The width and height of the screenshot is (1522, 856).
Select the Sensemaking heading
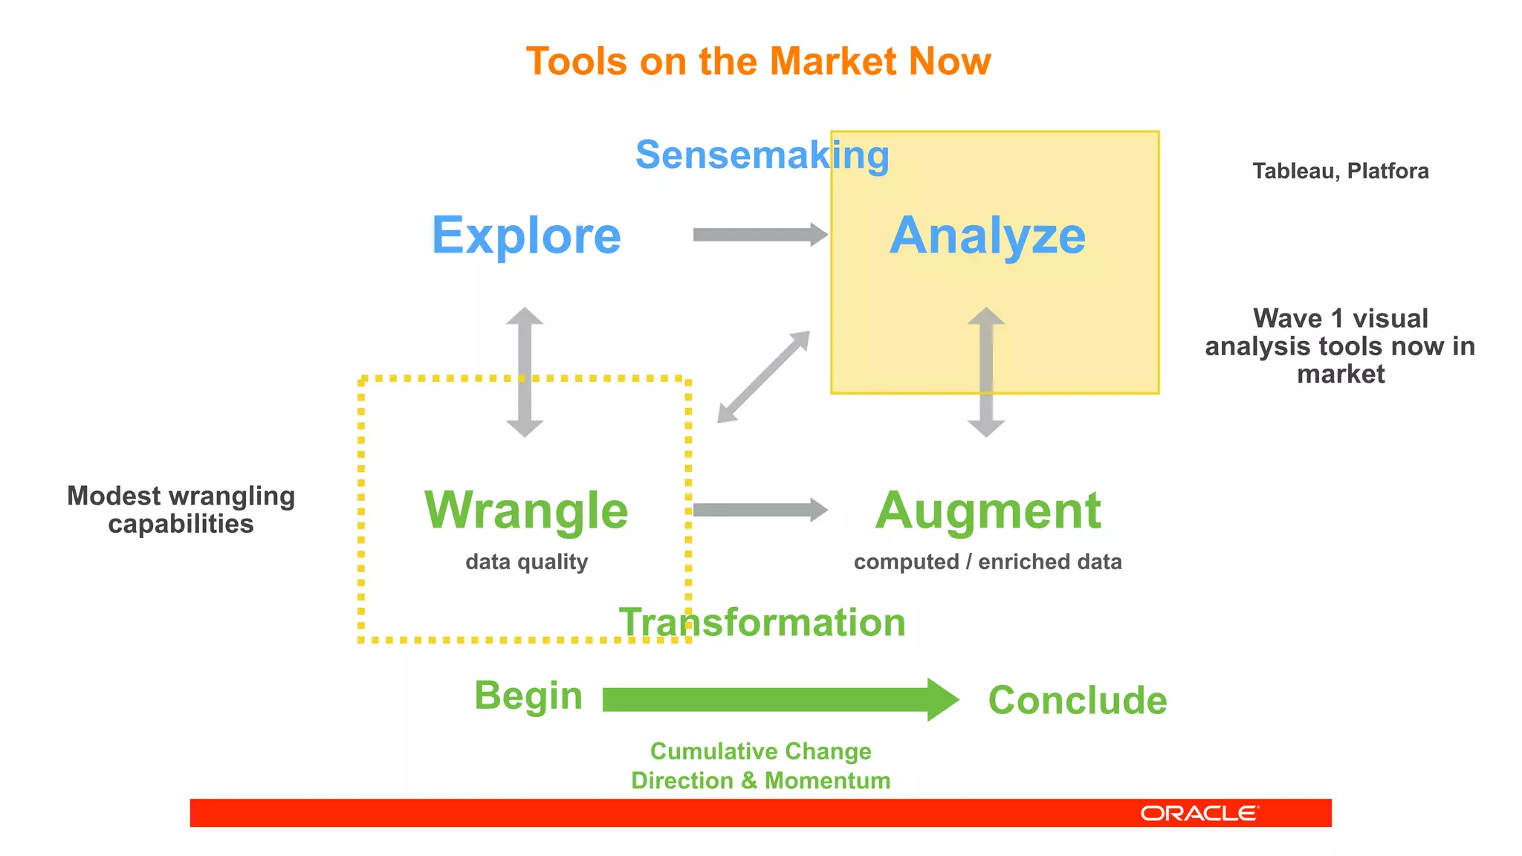click(x=762, y=155)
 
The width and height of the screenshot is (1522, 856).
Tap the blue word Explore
click(x=526, y=236)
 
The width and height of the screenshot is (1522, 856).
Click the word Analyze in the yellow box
click(x=988, y=236)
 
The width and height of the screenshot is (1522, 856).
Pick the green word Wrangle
click(x=526, y=510)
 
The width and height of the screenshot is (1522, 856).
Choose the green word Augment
click(x=988, y=510)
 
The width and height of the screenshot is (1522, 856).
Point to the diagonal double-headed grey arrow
click(x=763, y=377)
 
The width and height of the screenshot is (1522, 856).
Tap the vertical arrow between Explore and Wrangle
click(x=525, y=372)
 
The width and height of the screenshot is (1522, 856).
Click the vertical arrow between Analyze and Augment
click(x=986, y=372)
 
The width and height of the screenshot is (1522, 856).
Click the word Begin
click(x=528, y=696)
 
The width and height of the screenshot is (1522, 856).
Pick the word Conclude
click(x=1077, y=701)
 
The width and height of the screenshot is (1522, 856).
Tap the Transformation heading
click(x=762, y=622)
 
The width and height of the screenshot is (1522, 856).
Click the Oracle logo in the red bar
click(x=1199, y=814)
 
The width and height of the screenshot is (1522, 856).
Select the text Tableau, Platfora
click(x=1340, y=171)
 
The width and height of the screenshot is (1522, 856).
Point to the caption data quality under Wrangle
click(x=526, y=562)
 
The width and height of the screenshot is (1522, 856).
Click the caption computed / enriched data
click(x=988, y=562)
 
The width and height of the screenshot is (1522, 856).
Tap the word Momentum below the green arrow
click(x=827, y=780)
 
